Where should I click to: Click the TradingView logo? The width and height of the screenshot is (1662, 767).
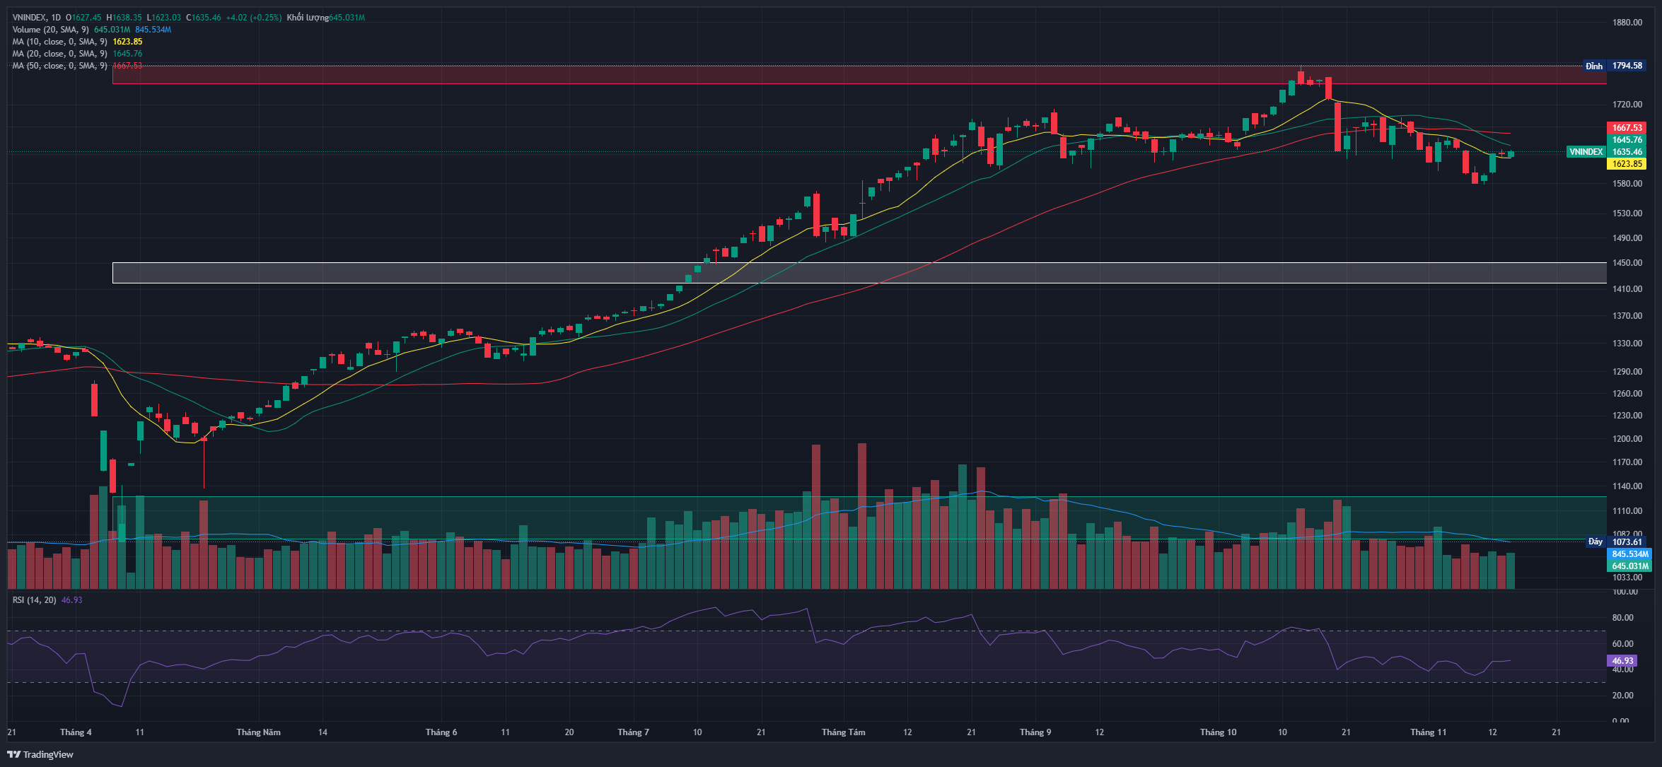click(x=41, y=754)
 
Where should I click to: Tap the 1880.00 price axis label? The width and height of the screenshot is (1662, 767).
click(x=1627, y=23)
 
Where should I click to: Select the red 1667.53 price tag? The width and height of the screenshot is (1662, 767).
click(x=1627, y=128)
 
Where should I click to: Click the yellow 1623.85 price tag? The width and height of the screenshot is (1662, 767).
click(x=1627, y=164)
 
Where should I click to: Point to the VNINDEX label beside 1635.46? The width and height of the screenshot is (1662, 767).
click(x=1586, y=152)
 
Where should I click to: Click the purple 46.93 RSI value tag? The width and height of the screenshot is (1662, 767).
click(x=1622, y=661)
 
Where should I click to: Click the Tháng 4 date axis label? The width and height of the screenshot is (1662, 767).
click(x=76, y=732)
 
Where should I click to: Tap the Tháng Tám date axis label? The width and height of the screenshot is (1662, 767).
click(x=843, y=732)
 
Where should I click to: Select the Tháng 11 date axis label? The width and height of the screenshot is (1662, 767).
click(x=1428, y=732)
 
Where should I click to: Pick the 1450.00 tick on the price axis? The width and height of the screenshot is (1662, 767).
click(x=1627, y=263)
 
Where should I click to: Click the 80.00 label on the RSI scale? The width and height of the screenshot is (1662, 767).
click(x=1622, y=618)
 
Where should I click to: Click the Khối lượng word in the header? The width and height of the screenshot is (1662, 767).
click(x=307, y=18)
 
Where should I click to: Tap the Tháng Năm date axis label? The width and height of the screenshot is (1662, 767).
click(x=258, y=732)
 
